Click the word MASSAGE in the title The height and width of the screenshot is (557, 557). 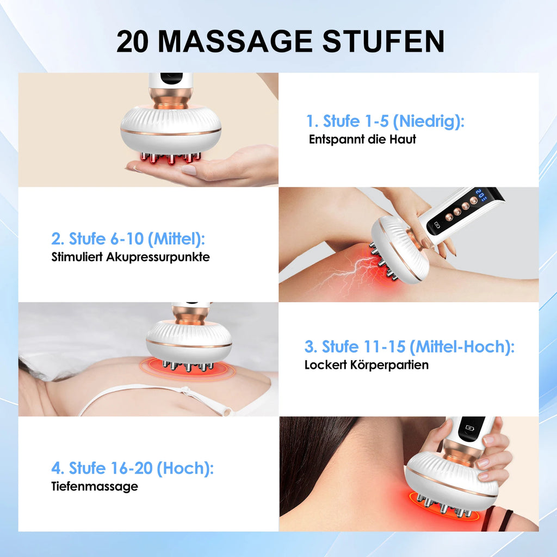coord(235,41)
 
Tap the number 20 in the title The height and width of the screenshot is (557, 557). coord(132,41)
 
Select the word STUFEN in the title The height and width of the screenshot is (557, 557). coord(383,41)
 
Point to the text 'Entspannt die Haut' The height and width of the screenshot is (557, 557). coord(362,139)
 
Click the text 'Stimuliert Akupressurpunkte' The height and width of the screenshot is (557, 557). coord(131,257)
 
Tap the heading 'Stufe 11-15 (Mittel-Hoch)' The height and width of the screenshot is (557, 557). coord(409,346)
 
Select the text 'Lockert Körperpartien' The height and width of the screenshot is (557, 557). coord(366,365)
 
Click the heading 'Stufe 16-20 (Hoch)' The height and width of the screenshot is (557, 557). coord(132,468)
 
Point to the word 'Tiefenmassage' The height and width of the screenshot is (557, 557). coord(95,486)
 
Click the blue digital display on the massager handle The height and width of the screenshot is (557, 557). coord(481,195)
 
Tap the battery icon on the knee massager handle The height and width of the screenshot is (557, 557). coord(437,225)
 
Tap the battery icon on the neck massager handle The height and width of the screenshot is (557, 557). coord(469,428)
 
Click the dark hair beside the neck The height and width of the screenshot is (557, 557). coord(313,462)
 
